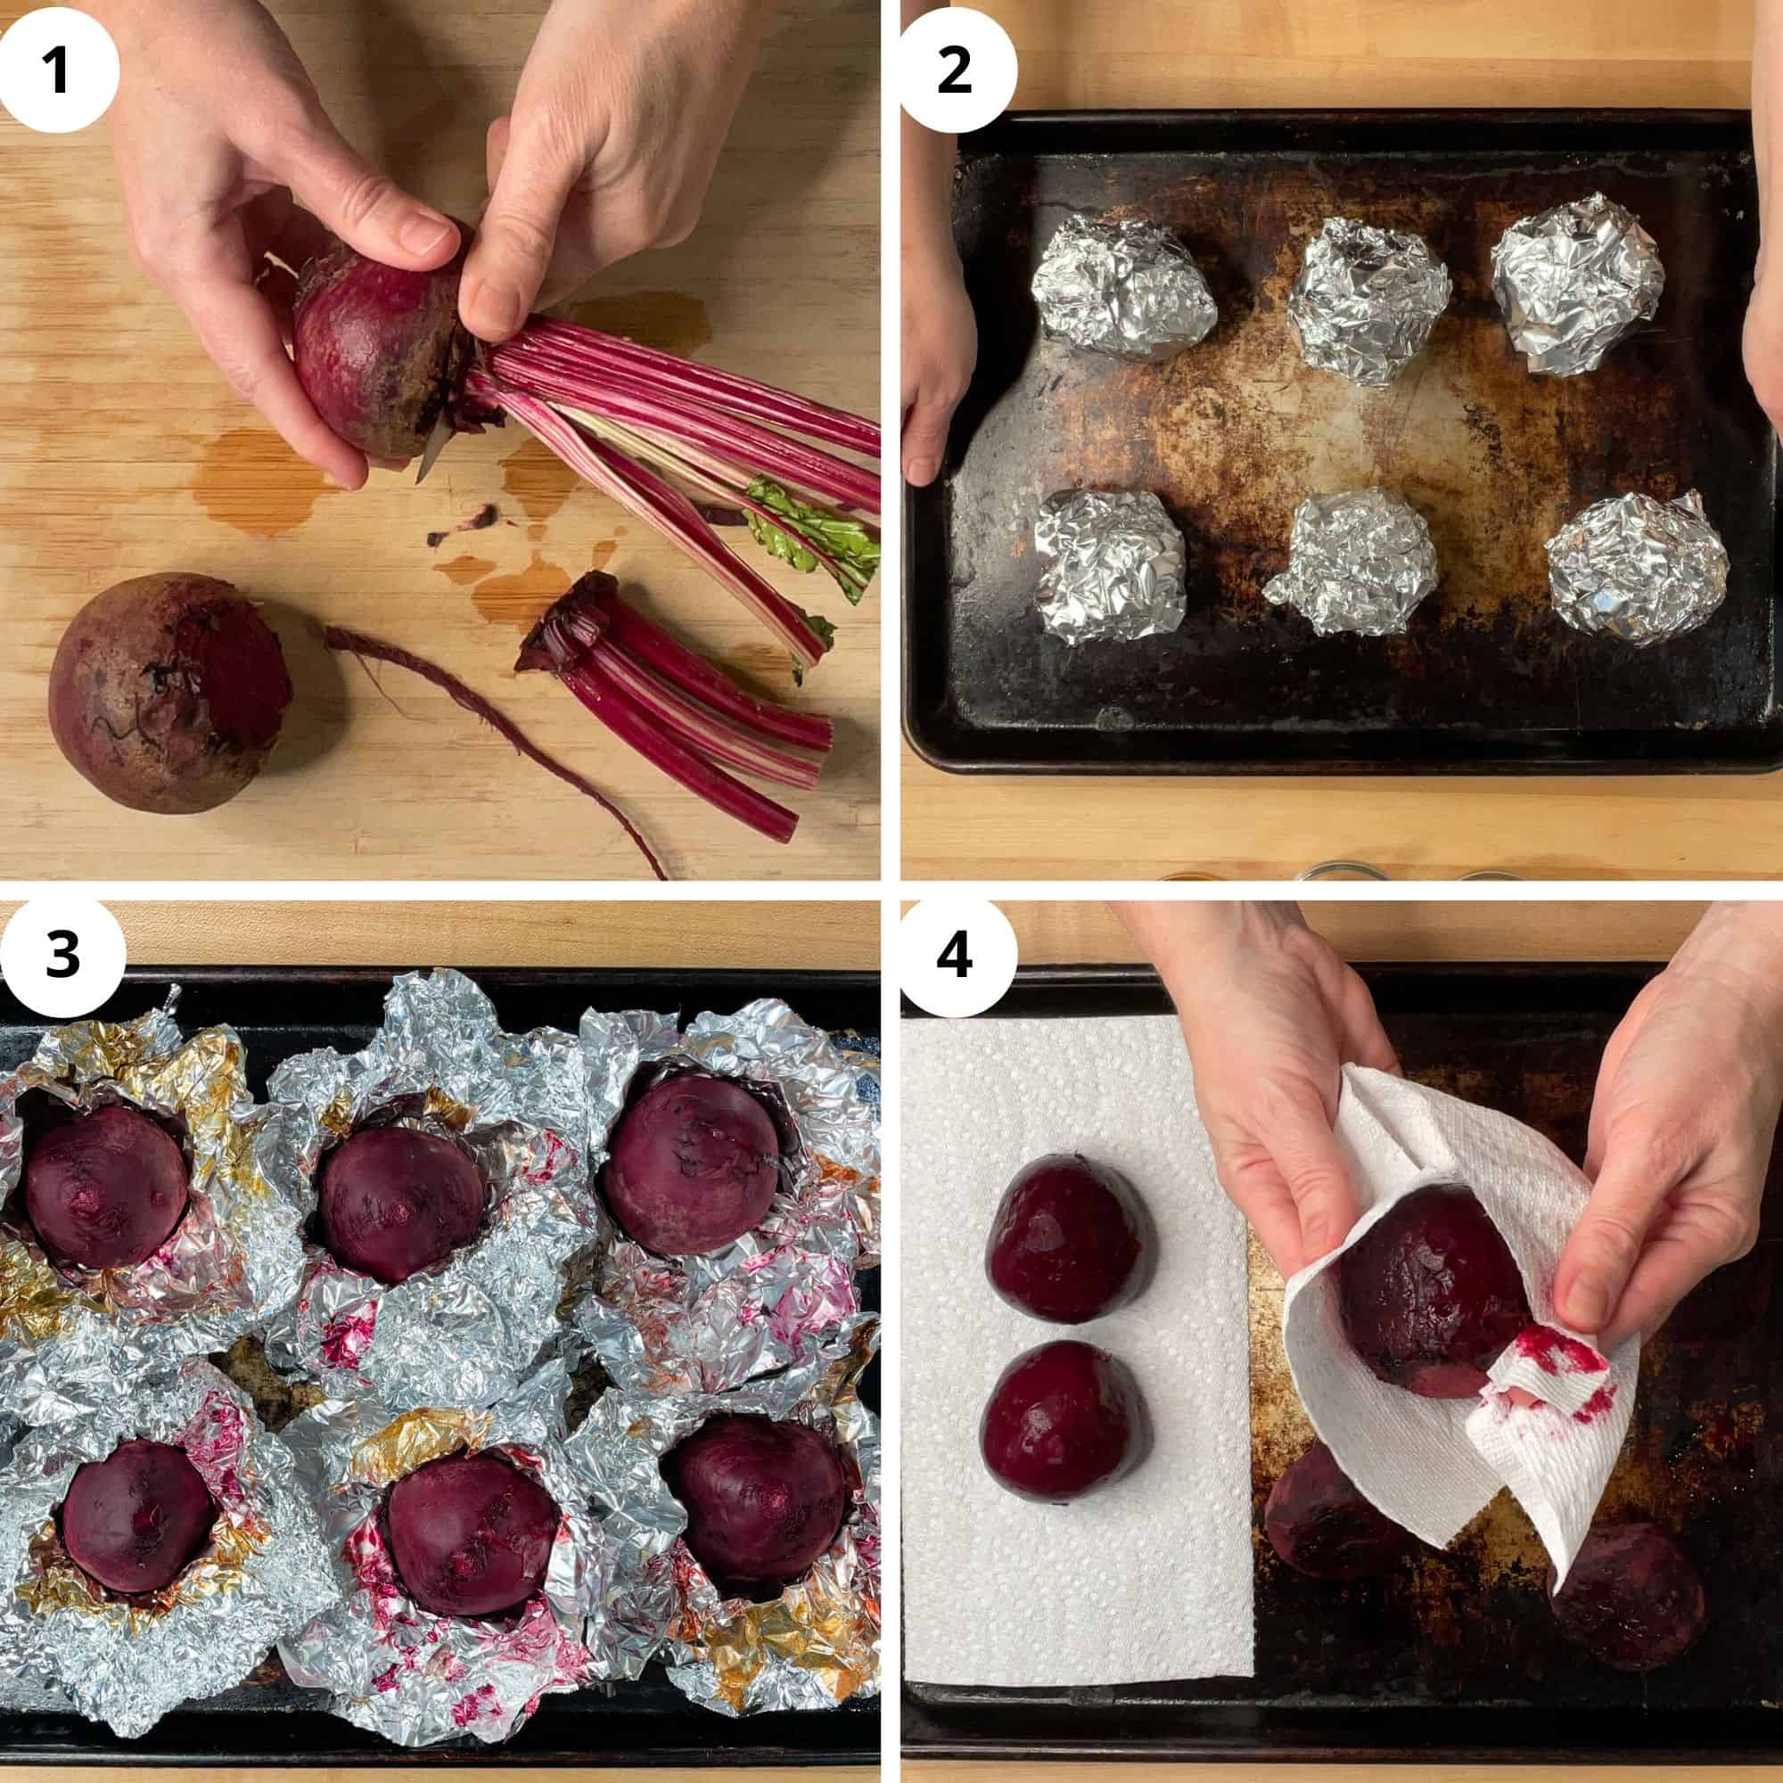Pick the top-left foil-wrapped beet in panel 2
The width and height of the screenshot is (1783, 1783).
coord(1122,286)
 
